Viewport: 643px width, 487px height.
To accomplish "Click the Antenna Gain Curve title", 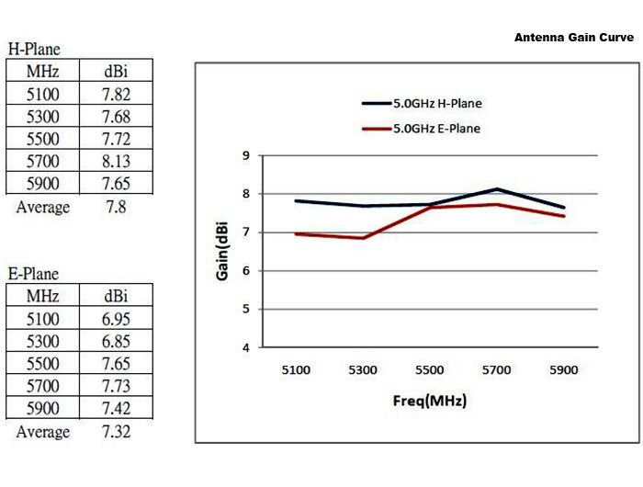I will coord(573,38).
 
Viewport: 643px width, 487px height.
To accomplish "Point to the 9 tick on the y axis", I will coord(245,155).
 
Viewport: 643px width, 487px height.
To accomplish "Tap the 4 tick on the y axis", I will coord(245,347).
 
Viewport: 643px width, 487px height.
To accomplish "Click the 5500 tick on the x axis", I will coord(429,370).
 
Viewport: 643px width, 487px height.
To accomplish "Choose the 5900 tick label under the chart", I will coord(563,370).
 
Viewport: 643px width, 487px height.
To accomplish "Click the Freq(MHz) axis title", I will coord(429,402).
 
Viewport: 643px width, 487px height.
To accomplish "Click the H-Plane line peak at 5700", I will coord(496,189).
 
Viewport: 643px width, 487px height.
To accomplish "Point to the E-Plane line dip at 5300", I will coord(363,238).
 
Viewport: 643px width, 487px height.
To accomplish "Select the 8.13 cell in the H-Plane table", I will coord(117,161).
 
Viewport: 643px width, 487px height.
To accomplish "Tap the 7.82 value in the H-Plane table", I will coord(117,93).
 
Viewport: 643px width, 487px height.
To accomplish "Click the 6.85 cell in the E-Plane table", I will coord(117,341).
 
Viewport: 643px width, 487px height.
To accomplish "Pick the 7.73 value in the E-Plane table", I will coord(117,386).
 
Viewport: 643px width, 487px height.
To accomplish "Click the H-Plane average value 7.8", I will coord(117,207).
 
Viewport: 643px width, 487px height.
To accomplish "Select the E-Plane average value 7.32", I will coord(117,431).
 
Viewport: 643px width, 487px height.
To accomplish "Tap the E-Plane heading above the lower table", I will coord(34,274).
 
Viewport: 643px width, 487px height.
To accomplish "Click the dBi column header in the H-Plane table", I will coord(117,71).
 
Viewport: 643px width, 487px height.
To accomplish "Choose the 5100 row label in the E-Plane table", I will coord(42,318).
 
